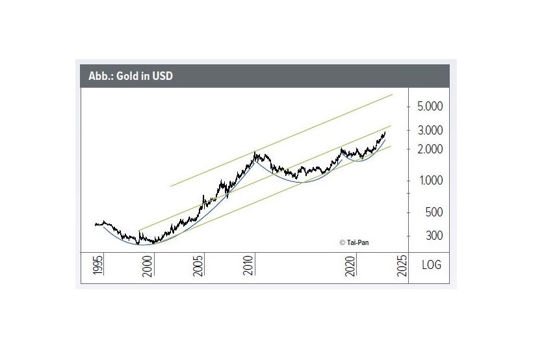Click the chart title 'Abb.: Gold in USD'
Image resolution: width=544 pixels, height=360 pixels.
(131, 77)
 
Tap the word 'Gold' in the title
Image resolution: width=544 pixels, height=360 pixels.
(127, 77)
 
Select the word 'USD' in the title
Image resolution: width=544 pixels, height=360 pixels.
(162, 77)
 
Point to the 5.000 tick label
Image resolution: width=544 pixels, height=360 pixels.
(428, 106)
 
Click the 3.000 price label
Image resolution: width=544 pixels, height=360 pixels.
(428, 130)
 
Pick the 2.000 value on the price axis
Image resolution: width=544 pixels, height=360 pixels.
(428, 149)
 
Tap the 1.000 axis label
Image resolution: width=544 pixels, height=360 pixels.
(428, 181)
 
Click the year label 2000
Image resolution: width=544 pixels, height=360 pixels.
(148, 267)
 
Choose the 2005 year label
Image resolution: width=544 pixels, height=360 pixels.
(199, 267)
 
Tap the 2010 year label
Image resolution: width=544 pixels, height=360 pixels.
(250, 267)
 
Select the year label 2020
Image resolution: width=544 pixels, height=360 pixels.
(352, 267)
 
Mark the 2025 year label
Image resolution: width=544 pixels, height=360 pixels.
(402, 267)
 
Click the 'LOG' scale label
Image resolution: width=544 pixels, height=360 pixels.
(431, 265)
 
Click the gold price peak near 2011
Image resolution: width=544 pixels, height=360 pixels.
(255, 153)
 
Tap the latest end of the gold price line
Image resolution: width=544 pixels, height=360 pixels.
(385, 133)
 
